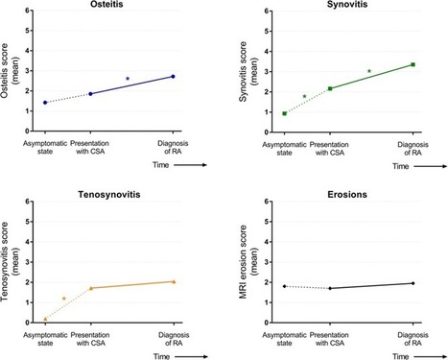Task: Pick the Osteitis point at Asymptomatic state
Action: coord(45,102)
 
